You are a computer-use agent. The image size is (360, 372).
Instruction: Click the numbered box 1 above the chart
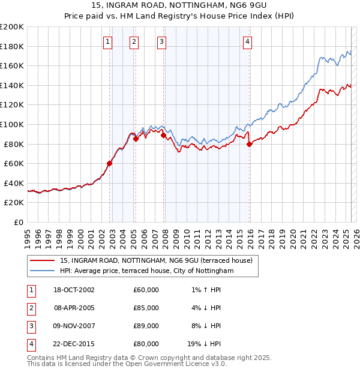pyautogui.click(x=107, y=41)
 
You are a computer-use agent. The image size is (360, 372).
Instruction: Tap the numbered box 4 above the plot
pyautogui.click(x=247, y=41)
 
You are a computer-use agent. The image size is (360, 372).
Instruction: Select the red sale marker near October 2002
pyautogui.click(x=110, y=163)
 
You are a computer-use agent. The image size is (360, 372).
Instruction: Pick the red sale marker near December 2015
pyautogui.click(x=250, y=143)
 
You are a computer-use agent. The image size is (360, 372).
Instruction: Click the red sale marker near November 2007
pyautogui.click(x=164, y=135)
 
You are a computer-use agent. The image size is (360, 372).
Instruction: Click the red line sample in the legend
pyautogui.click(x=42, y=260)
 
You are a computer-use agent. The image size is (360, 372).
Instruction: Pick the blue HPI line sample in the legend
pyautogui.click(x=42, y=271)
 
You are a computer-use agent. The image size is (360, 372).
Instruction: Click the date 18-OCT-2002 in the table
pyautogui.click(x=74, y=290)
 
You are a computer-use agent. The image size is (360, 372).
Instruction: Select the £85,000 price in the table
pyautogui.click(x=146, y=308)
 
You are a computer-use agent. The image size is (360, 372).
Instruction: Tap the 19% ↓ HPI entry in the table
pyautogui.click(x=204, y=344)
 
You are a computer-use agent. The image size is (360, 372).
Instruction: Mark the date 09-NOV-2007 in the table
pyautogui.click(x=74, y=326)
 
